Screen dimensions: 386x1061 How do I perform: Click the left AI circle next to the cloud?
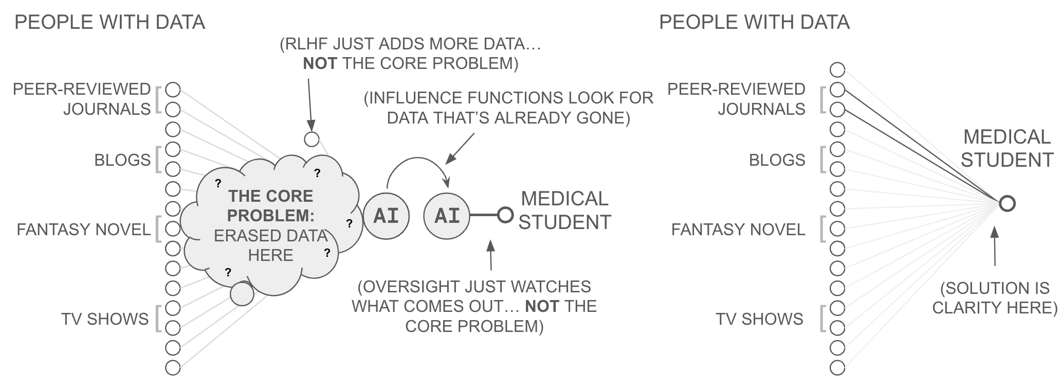386,216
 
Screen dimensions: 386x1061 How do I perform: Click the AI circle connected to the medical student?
447,216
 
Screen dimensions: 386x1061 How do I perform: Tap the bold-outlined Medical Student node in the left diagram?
505,215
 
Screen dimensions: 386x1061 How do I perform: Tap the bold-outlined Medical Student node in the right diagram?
1007,204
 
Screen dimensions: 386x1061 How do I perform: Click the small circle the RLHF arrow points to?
312,139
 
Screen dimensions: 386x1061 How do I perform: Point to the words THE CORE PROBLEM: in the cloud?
271,205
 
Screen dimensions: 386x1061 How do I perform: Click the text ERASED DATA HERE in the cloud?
271,245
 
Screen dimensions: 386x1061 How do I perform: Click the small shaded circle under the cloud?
242,294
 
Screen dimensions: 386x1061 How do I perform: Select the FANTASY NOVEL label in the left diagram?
83,229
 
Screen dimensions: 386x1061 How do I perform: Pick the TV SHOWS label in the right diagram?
759,319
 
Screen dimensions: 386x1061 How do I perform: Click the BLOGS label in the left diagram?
122,160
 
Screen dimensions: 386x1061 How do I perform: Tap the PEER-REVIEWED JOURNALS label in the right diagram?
736,99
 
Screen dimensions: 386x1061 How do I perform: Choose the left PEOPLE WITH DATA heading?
109,22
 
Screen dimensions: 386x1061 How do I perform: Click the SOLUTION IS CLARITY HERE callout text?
995,297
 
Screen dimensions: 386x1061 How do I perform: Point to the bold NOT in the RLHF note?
320,64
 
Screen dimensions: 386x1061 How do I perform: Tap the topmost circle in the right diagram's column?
837,70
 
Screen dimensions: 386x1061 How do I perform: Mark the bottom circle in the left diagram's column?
173,368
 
